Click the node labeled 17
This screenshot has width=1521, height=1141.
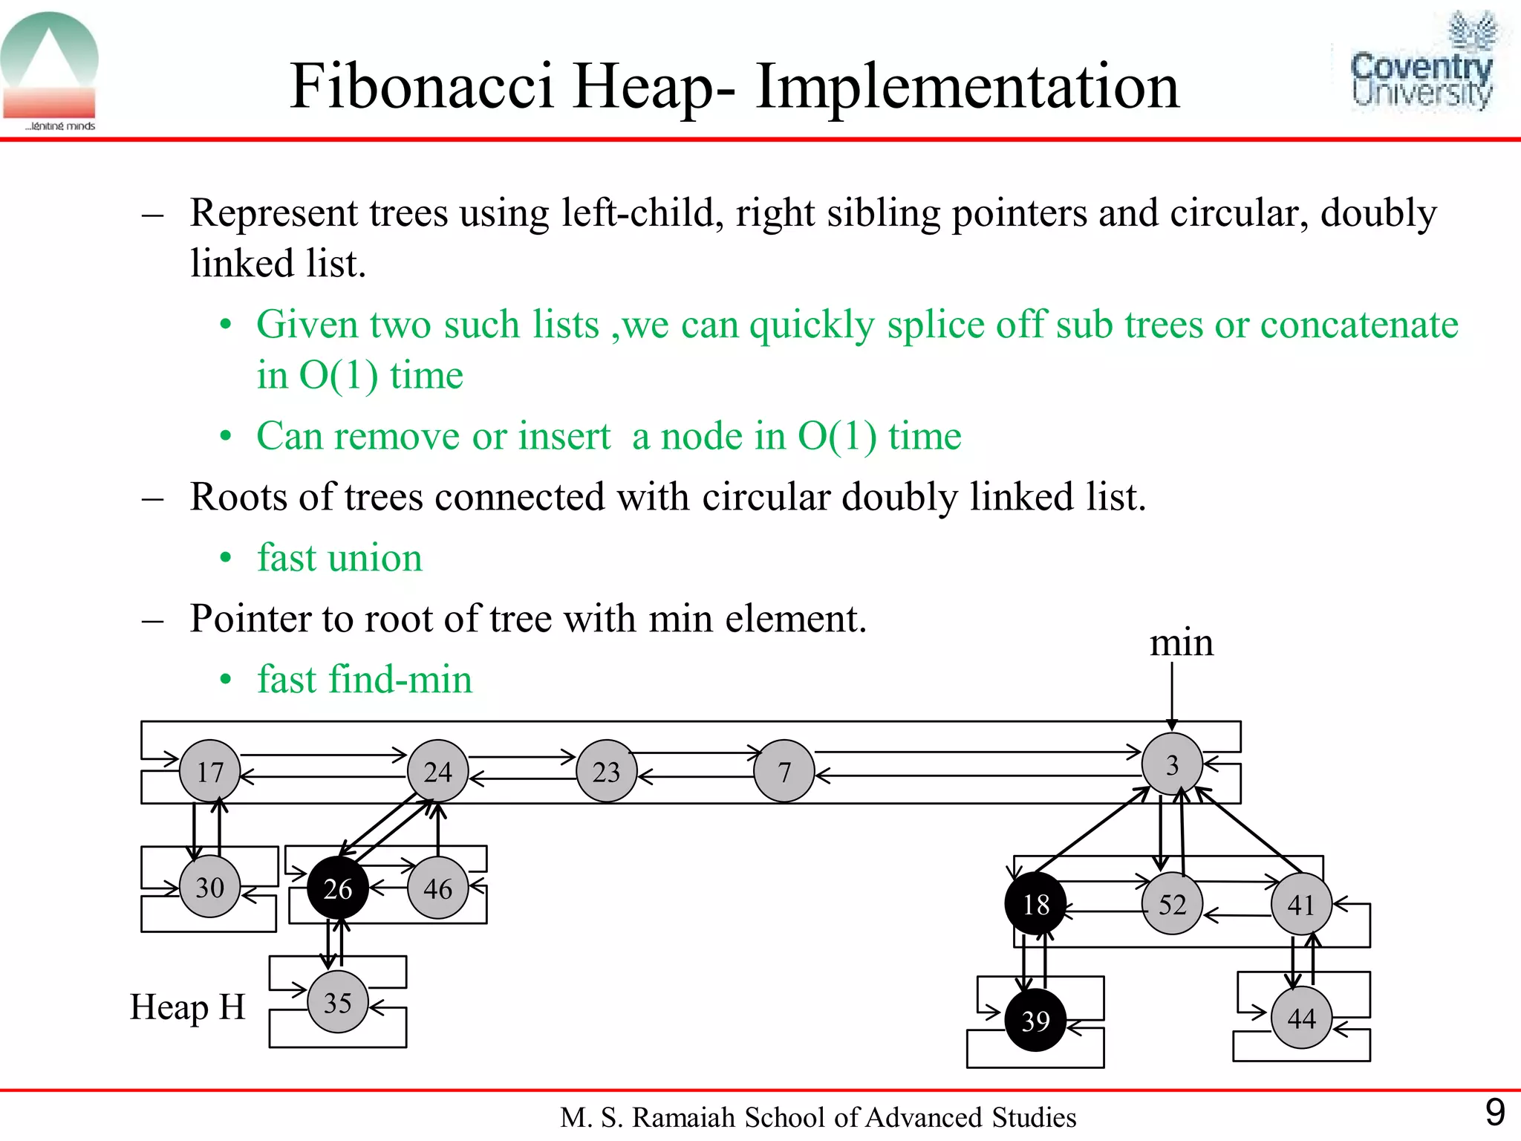210,771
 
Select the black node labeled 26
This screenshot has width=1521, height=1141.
338,888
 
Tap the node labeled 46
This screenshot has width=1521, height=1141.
438,888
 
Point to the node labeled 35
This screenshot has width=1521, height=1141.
338,1003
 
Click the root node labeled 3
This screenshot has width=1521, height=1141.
1172,764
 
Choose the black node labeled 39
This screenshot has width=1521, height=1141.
1035,1021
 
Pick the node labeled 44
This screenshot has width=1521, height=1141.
1301,1018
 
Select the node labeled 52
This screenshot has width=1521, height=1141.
1172,904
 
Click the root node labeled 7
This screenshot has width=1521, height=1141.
784,772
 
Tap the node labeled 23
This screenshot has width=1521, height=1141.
607,772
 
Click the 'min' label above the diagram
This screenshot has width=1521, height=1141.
1181,643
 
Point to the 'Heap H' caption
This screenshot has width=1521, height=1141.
187,1008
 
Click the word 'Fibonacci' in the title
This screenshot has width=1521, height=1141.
421,86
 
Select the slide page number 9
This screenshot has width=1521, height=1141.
1494,1113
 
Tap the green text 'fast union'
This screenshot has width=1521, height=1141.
339,558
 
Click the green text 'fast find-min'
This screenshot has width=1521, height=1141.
364,680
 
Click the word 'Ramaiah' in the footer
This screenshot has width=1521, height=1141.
683,1117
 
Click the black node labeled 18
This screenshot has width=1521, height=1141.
1035,904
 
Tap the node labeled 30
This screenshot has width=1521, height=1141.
210,887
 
